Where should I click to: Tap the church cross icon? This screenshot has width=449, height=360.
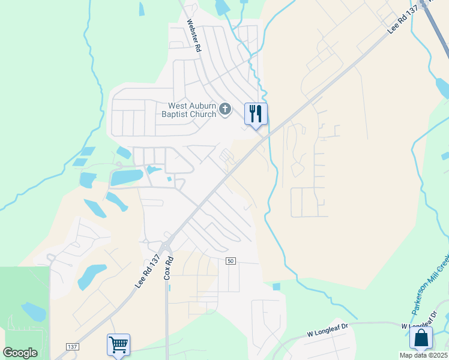tap(225, 109)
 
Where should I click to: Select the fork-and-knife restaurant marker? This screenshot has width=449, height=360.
tap(256, 114)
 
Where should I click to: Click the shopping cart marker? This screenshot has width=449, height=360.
tap(119, 345)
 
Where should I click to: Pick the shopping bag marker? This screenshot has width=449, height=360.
tap(421, 338)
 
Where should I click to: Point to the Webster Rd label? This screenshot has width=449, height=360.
tap(193, 36)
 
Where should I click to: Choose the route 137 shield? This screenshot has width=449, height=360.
tap(73, 347)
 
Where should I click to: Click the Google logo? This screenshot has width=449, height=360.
tap(20, 353)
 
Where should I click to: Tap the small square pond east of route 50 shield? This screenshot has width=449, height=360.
tap(276, 287)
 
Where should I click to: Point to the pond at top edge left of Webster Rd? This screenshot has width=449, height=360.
tap(142, 8)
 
